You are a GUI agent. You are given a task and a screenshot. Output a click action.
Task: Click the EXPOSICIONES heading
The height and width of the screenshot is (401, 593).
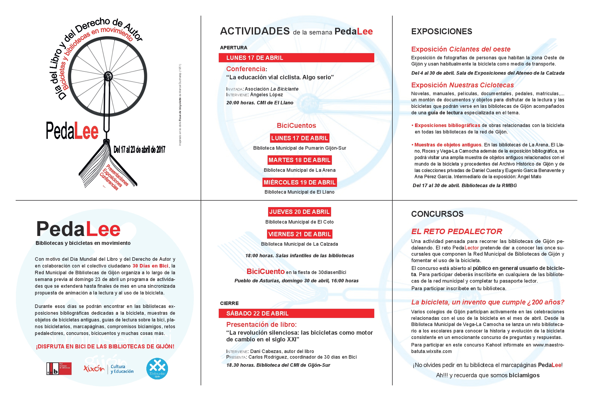[x=442, y=32]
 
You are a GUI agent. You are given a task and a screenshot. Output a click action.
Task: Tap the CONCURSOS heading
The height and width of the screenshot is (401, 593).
[x=437, y=214]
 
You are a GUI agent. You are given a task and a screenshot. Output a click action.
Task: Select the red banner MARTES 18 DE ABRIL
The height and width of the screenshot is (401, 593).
[x=299, y=160]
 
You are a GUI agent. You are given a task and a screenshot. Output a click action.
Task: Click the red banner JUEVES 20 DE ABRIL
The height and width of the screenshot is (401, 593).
[x=299, y=212]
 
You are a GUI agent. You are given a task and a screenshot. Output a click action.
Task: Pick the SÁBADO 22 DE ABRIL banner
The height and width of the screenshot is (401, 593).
[x=296, y=313]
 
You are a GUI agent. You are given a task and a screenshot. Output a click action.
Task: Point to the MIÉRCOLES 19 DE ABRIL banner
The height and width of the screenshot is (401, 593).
[x=299, y=182]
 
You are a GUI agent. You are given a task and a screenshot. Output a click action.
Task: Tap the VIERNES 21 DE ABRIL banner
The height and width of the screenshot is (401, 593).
[x=299, y=234]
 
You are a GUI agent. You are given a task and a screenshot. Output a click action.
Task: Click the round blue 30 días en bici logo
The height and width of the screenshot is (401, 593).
[x=157, y=369]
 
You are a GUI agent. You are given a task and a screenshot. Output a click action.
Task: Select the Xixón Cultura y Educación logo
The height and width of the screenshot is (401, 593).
[x=109, y=369]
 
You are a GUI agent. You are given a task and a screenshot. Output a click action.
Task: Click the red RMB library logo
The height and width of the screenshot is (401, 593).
[x=59, y=369]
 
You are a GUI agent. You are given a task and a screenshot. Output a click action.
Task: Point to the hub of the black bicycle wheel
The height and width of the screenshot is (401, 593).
[x=108, y=76]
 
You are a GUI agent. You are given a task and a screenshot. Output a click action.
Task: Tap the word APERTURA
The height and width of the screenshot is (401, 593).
[x=234, y=48]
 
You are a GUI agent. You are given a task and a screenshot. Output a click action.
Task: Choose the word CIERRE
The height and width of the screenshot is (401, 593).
[x=229, y=303]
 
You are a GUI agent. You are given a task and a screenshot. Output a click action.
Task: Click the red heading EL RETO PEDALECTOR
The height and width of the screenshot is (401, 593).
[x=457, y=231]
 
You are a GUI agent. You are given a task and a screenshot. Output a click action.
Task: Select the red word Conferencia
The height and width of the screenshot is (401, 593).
[x=246, y=69]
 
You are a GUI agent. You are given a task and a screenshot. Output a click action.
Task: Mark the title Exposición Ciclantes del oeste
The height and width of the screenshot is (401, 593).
[x=461, y=49]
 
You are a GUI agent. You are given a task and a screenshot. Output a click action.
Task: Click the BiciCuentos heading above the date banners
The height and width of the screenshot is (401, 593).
[x=296, y=126]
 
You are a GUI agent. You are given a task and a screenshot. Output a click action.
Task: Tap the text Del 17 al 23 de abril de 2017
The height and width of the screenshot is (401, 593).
[x=139, y=149]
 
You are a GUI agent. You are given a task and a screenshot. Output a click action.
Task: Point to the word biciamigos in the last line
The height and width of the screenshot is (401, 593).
[x=524, y=375]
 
